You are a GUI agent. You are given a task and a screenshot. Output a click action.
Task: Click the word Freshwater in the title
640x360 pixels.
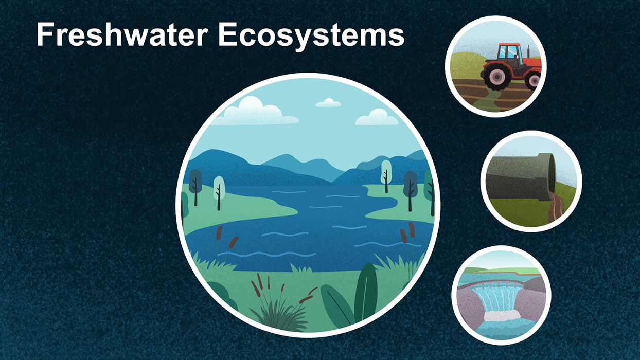122,34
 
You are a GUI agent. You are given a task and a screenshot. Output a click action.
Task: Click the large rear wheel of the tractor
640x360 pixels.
497,77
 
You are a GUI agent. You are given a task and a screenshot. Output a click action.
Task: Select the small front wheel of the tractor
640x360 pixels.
534,81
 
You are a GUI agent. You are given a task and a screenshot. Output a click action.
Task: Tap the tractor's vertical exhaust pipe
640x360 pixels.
528,52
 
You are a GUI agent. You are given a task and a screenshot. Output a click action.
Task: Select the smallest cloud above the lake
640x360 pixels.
328,102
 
